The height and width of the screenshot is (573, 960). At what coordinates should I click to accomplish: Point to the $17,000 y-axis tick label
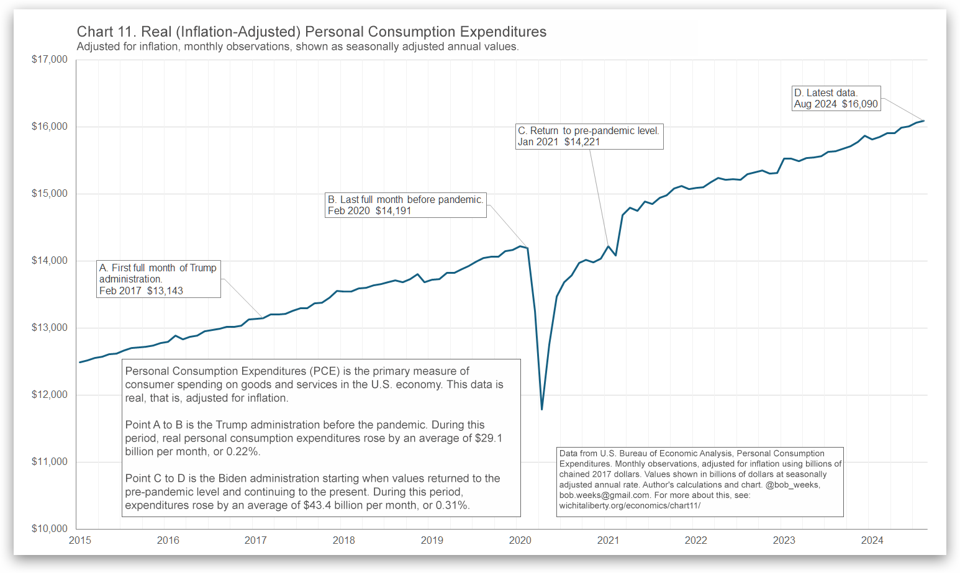(x=50, y=60)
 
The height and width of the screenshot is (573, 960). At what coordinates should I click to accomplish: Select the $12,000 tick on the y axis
(x=50, y=395)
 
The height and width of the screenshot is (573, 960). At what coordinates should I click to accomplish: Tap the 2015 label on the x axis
(x=80, y=540)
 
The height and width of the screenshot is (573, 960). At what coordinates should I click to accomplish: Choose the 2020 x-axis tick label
(x=520, y=540)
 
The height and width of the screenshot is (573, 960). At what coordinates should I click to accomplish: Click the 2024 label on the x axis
(x=872, y=540)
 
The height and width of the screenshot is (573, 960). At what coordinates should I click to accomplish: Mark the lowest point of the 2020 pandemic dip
(x=542, y=409)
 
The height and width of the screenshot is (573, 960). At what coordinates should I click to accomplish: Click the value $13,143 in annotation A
(x=165, y=291)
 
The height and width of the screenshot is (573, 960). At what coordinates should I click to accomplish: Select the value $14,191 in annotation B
(x=393, y=210)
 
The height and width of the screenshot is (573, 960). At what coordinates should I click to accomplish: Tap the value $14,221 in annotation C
(x=582, y=142)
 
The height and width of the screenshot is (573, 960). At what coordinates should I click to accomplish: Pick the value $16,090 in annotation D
(x=860, y=104)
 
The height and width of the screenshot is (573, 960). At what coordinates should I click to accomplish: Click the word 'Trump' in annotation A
(x=203, y=268)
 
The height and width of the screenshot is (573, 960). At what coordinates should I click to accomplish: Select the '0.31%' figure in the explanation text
(x=453, y=505)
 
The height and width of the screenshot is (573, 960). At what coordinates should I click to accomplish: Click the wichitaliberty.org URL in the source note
(x=630, y=505)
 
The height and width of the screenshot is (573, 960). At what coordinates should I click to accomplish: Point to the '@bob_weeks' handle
(x=792, y=485)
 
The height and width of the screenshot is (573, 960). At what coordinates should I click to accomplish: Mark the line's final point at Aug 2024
(x=924, y=121)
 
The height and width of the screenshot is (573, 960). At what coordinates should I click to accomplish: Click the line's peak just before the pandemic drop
(x=520, y=246)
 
